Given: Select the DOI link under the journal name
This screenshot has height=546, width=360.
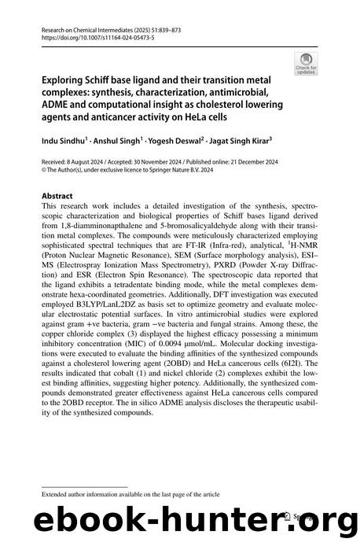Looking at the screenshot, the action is pos(86,36).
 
